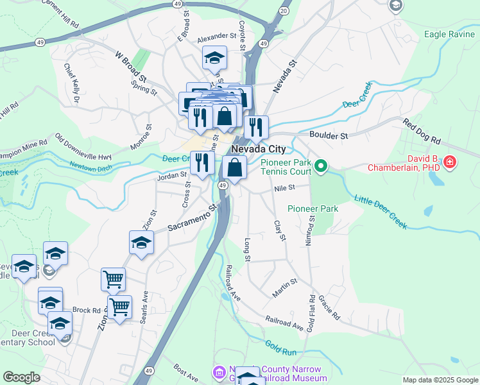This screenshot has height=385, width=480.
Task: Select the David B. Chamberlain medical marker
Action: click(x=450, y=161)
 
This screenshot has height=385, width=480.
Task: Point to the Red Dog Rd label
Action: click(x=423, y=131)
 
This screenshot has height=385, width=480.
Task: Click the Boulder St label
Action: click(x=328, y=136)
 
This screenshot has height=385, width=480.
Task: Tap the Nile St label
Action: click(x=283, y=188)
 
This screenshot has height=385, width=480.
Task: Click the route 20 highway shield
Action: click(x=284, y=10)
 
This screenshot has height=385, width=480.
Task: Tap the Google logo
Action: click(x=21, y=377)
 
